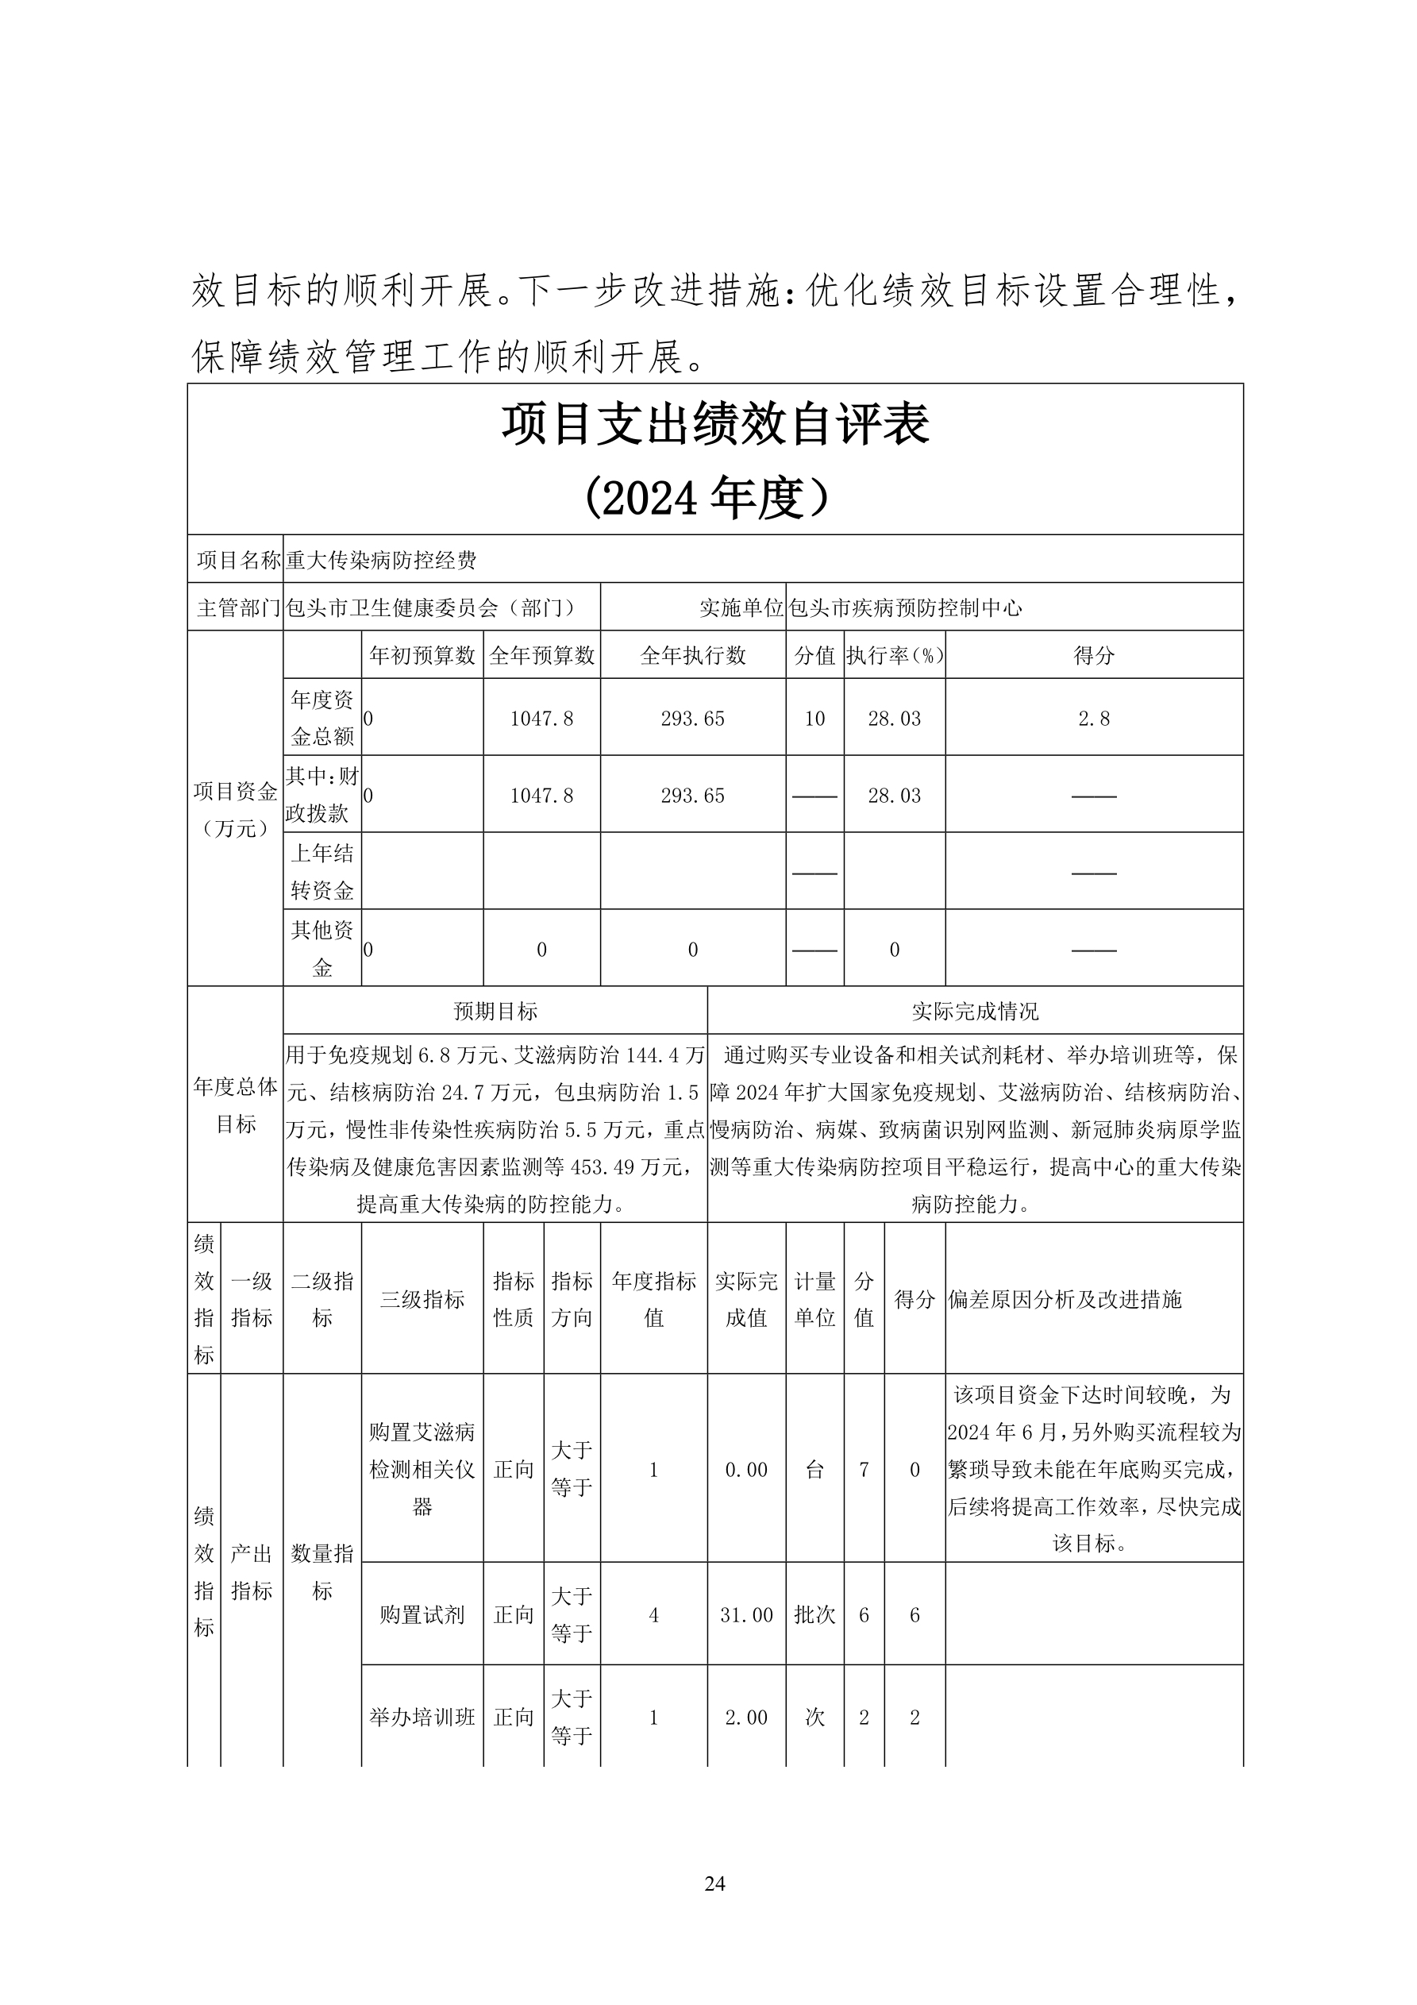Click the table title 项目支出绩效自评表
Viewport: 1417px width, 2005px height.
coord(715,426)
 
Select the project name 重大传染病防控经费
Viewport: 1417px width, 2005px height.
coord(382,560)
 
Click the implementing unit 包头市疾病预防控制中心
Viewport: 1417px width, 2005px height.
coord(904,607)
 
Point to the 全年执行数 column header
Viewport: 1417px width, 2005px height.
coord(692,655)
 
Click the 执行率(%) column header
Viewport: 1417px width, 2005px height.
coord(894,655)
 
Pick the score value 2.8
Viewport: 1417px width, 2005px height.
coord(1093,718)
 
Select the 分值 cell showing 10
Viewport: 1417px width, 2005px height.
coord(814,718)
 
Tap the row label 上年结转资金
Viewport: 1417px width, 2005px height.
coord(322,870)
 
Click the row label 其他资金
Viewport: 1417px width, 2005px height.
coord(322,948)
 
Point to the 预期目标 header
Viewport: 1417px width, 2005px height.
coord(495,1011)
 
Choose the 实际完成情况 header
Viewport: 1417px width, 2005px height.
coord(974,1011)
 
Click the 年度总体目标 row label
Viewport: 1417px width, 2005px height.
coord(236,1105)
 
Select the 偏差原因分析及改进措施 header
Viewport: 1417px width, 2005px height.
coord(1065,1298)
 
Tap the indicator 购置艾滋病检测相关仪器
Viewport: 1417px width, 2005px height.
coord(422,1469)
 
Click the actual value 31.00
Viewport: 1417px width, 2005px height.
coord(746,1614)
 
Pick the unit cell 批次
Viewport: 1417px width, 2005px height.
coord(814,1614)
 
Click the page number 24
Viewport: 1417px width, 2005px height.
coord(714,1883)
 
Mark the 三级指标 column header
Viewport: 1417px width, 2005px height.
coord(422,1298)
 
